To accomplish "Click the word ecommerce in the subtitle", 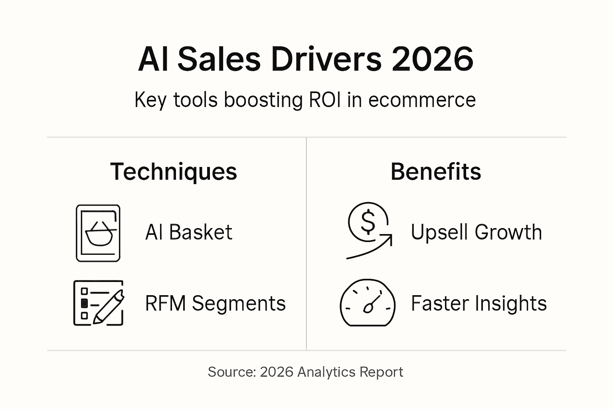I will point(422,99).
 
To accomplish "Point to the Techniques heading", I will point(174,172).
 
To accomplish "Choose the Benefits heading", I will point(436,172).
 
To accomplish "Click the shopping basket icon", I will point(98,233).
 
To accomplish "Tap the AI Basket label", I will point(188,232).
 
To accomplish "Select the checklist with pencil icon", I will point(99,303).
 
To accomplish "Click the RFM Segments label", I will point(215,303).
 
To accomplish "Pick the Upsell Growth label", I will point(476,232).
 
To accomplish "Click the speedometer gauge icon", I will point(367,303).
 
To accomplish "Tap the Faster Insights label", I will point(479,303).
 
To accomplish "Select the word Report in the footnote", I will point(381,372).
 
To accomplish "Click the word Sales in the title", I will point(219,59).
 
